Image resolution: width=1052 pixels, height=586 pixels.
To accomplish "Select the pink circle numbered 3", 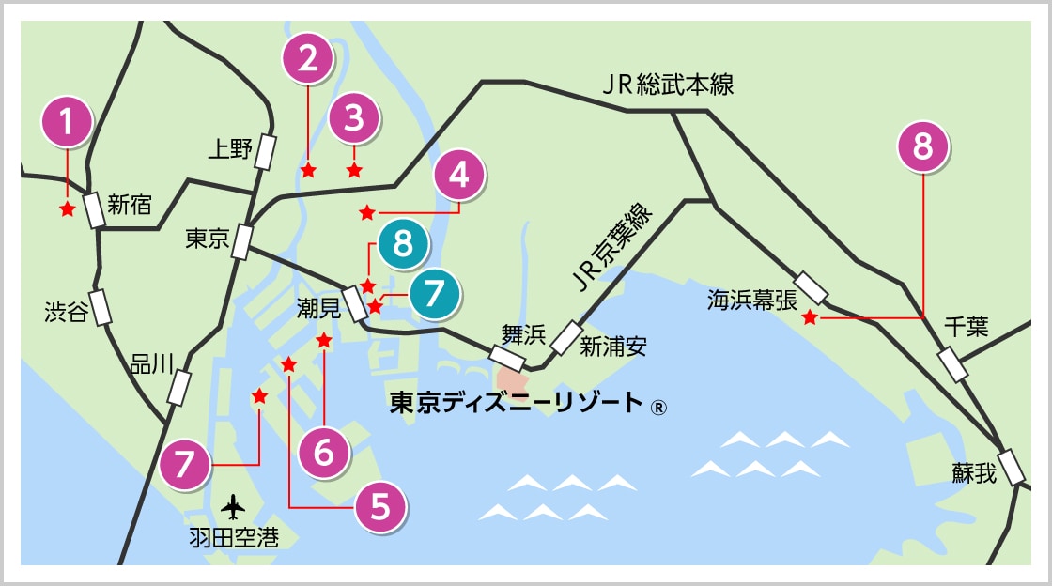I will pyautogui.click(x=353, y=118).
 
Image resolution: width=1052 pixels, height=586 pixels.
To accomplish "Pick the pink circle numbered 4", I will pyautogui.click(x=458, y=175).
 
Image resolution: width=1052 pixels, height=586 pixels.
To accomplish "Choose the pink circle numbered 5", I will pyautogui.click(x=380, y=507).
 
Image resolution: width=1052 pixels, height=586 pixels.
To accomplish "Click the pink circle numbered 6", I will pyautogui.click(x=324, y=454).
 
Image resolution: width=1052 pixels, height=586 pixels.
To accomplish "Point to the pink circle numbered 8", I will pyautogui.click(x=923, y=147).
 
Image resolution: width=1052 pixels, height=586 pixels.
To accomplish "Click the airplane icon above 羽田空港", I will pyautogui.click(x=233, y=507).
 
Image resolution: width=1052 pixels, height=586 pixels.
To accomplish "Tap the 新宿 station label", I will pyautogui.click(x=130, y=205).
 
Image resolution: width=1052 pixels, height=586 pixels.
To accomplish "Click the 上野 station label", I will pyautogui.click(x=229, y=148).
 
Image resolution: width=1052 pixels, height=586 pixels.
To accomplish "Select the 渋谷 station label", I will pyautogui.click(x=66, y=311).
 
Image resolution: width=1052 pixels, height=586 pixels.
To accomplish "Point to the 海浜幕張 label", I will pyautogui.click(x=751, y=300).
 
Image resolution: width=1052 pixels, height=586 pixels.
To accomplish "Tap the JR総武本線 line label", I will pyautogui.click(x=668, y=86).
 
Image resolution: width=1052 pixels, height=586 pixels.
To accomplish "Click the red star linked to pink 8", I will pyautogui.click(x=810, y=319).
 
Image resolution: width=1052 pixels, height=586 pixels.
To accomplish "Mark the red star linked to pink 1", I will pyautogui.click(x=68, y=209).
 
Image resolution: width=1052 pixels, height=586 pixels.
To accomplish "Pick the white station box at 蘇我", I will pyautogui.click(x=1012, y=467).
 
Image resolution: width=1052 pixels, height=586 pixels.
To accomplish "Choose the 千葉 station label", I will pyautogui.click(x=967, y=327).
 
